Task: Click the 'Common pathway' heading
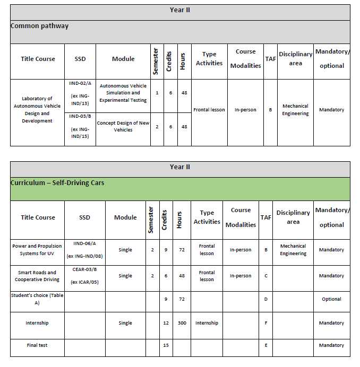[40, 26]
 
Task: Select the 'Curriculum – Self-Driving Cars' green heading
[57, 183]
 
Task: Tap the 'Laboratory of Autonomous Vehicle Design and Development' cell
[37, 110]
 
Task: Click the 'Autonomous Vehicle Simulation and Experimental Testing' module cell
[123, 93]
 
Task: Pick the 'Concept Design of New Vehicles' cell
[123, 127]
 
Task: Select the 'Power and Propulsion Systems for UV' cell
[37, 250]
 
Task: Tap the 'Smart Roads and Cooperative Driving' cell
[37, 276]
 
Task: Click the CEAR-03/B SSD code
[84, 269]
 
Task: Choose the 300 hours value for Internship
[182, 323]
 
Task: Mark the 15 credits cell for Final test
[166, 345]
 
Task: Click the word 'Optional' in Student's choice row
[331, 299]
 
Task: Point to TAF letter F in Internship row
[265, 323]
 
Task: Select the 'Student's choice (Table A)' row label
[37, 299]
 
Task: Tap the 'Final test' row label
[37, 345]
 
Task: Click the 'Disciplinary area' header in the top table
[295, 59]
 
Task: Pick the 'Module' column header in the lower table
[125, 217]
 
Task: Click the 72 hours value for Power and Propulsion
[182, 250]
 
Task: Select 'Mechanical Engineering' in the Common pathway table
[295, 110]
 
